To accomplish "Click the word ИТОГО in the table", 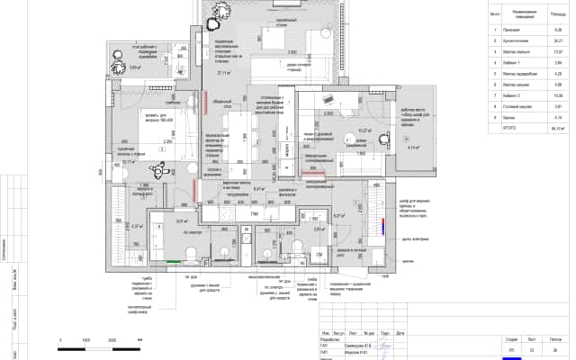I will (x=510, y=128).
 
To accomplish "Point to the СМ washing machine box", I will (x=319, y=254).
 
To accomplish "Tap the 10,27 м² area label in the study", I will (x=364, y=130).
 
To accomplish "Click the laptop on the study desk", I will (x=326, y=100).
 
